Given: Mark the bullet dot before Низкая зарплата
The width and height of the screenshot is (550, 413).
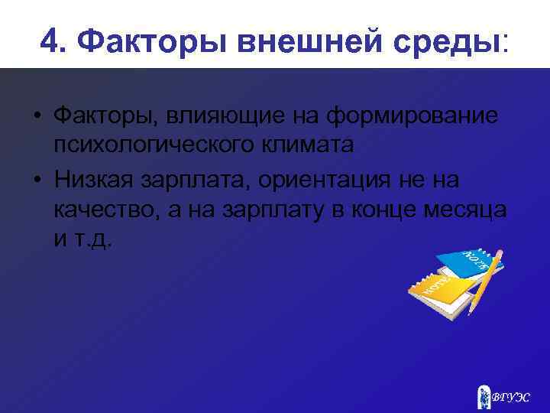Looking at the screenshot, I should click(x=37, y=180).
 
